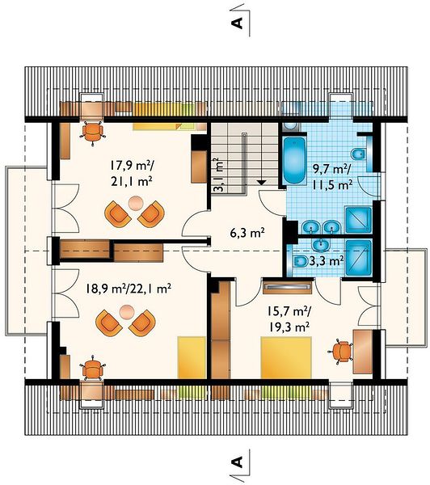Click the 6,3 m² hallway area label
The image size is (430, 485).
point(247,233)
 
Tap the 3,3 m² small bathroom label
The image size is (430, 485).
point(327,261)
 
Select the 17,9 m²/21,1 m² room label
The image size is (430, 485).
point(132,174)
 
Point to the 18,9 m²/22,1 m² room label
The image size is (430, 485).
point(129,289)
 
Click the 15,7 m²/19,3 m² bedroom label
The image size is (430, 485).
point(289,319)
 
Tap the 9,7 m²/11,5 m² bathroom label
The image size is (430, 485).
point(331,176)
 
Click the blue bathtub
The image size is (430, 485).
point(294,160)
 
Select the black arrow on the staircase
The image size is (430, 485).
point(262,183)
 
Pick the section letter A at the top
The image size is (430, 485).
point(238,23)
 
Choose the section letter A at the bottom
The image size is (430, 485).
point(238,462)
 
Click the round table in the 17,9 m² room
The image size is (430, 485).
point(136,204)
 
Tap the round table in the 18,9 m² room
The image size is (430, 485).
point(126,312)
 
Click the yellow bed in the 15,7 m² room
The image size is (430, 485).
point(286,358)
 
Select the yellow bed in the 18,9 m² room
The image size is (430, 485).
point(192,358)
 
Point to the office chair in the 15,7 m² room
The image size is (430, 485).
point(340,352)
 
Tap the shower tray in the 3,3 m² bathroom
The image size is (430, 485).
point(358,258)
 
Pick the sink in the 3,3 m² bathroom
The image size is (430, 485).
point(322,245)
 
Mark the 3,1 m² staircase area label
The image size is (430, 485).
point(218,175)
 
